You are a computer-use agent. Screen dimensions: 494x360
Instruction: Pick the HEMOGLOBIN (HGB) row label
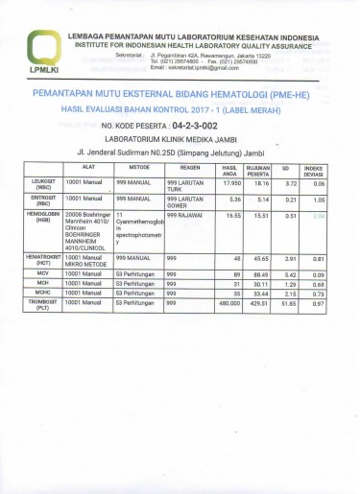pyautogui.click(x=41, y=218)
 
